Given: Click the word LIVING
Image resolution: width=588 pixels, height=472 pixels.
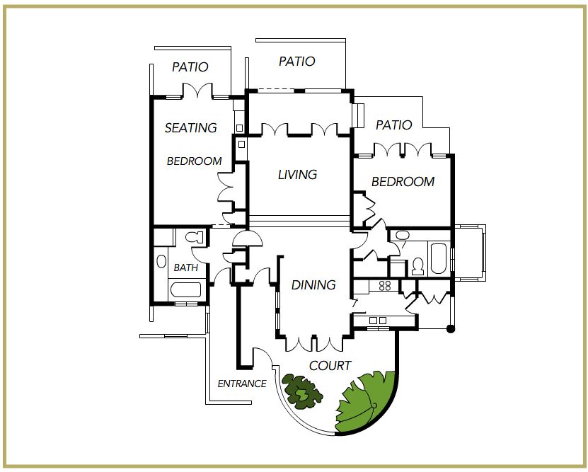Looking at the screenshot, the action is point(298,174).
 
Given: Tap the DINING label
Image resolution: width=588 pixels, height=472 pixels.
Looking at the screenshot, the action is point(313,285).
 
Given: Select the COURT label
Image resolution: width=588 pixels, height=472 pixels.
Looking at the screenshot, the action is point(330,366).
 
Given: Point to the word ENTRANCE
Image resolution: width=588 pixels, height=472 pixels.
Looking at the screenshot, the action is point(242,384).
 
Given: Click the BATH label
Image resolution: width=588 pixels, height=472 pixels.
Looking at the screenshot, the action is point(186,267).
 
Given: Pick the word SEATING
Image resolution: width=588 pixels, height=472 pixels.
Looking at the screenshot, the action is point(191,128).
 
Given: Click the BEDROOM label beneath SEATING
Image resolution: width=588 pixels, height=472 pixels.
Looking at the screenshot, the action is point(195,161).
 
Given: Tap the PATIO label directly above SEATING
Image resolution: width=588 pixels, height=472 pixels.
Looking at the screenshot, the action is point(190,67).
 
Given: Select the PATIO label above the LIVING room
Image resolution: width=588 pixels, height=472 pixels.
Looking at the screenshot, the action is point(297,61).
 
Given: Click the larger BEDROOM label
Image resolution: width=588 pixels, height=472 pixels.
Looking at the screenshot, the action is point(403,182).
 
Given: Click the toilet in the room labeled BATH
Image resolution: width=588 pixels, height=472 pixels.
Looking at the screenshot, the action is point(194,237).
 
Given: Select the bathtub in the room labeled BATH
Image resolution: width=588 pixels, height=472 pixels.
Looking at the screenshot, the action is point(185,290).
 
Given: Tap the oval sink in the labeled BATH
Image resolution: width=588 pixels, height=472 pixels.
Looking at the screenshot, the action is point(161,261).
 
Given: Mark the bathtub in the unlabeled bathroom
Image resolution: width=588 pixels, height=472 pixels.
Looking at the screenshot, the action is point(438,259).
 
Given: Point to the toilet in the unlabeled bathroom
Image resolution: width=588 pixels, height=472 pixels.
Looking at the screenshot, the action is point(417,266).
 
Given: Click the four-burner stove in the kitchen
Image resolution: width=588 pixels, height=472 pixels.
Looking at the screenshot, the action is point(385,286).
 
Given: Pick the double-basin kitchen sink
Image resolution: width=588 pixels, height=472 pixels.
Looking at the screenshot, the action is point(378,321).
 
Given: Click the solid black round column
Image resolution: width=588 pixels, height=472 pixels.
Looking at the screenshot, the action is point(451,329).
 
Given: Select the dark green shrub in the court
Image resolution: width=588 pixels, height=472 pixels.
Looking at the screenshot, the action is point(302,391).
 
